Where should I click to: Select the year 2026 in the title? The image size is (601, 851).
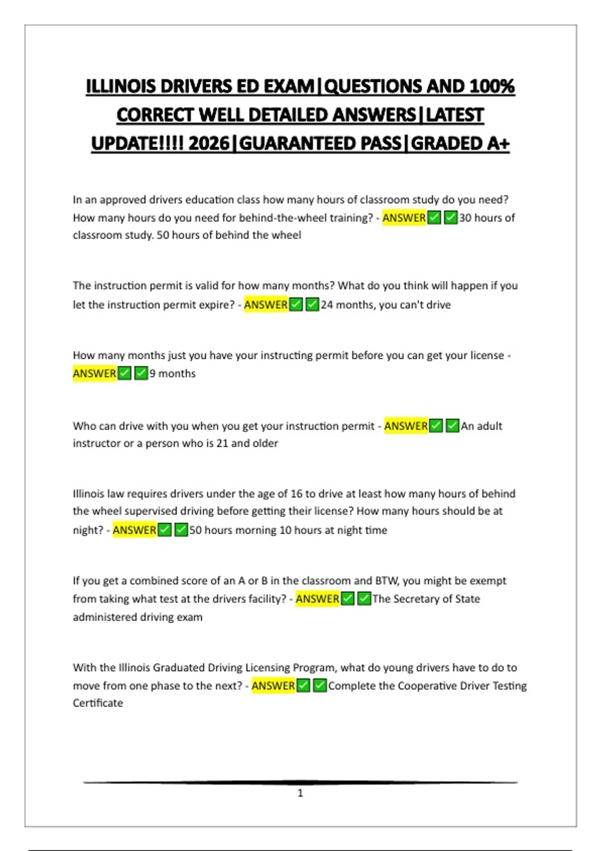pos(209,144)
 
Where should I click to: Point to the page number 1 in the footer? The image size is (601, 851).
pos(300,793)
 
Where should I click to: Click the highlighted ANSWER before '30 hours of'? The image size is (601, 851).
pos(404,218)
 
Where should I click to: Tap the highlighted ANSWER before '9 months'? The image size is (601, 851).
pos(94,373)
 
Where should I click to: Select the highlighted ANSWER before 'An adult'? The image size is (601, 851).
pos(406,426)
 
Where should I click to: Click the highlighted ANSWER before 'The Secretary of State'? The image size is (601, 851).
pos(317,599)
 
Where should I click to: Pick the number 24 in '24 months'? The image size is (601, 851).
pos(327,305)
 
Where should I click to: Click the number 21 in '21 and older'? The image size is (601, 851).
pos(222,443)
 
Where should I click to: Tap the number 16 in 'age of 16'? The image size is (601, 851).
pos(296,494)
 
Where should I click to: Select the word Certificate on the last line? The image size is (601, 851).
pos(98,703)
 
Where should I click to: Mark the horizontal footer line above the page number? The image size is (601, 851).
pos(300,782)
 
